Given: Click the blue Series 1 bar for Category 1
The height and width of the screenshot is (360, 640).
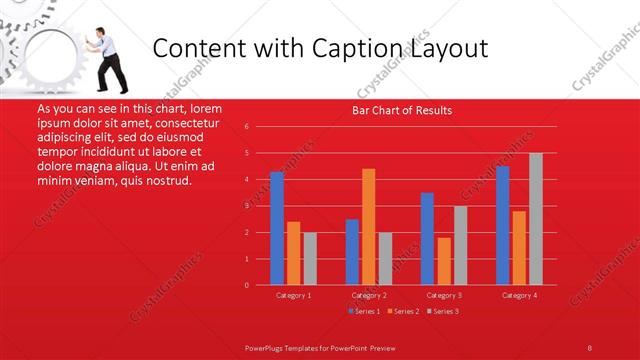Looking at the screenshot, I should (277, 228).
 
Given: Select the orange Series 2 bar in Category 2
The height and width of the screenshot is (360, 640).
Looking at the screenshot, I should (368, 227).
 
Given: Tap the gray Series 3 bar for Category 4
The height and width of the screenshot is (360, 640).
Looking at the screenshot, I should (535, 219).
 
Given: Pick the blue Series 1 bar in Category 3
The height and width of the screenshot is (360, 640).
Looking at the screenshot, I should (427, 239).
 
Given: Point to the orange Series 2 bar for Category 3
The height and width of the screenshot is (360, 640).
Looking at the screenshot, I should (443, 261).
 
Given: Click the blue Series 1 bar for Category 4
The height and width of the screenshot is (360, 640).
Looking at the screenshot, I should (502, 225).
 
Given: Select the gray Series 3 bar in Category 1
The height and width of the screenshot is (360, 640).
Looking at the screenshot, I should (309, 258).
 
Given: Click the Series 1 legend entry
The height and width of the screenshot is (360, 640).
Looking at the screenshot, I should (364, 311).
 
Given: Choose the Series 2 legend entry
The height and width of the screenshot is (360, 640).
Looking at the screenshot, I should (404, 311).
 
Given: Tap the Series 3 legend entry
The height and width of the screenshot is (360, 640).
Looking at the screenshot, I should (444, 311).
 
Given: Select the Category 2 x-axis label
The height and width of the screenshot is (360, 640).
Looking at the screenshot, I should (369, 296).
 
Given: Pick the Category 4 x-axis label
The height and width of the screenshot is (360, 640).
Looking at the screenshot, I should (519, 296).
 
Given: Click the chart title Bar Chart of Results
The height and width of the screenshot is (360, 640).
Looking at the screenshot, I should (402, 110).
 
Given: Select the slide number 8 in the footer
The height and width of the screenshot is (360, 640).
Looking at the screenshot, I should (589, 347).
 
